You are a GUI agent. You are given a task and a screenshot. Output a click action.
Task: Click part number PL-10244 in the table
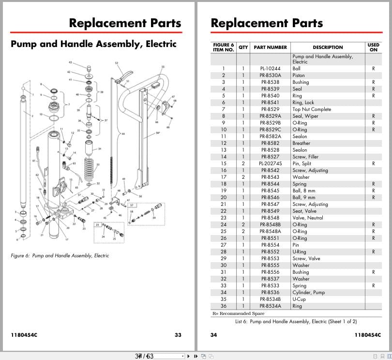[x=270, y=69]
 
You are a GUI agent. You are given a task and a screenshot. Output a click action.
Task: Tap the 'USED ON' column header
[x=373, y=47]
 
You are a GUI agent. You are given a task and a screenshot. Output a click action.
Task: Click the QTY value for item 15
[x=243, y=164]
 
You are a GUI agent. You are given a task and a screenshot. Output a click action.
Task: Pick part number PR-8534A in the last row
[x=270, y=306]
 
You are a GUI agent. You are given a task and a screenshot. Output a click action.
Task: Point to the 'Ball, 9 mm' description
[x=303, y=198]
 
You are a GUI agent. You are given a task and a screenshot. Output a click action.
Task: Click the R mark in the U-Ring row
[x=373, y=252]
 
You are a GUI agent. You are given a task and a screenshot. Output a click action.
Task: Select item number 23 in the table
[x=223, y=218]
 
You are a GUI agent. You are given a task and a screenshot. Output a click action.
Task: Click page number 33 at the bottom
[x=178, y=335]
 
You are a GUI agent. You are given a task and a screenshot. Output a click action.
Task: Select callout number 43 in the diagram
[x=70, y=63]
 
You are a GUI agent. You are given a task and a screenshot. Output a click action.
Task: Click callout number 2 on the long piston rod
[x=32, y=116]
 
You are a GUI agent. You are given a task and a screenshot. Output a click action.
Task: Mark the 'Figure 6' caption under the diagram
[x=60, y=255]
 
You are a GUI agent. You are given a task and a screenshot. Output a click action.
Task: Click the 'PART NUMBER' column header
[x=270, y=47]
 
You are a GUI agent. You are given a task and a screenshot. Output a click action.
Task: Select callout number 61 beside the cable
[x=34, y=160]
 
